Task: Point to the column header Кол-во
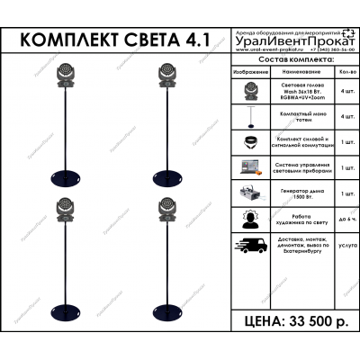(x=346, y=69)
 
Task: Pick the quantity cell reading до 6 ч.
(x=346, y=220)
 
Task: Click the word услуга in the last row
(x=346, y=245)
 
